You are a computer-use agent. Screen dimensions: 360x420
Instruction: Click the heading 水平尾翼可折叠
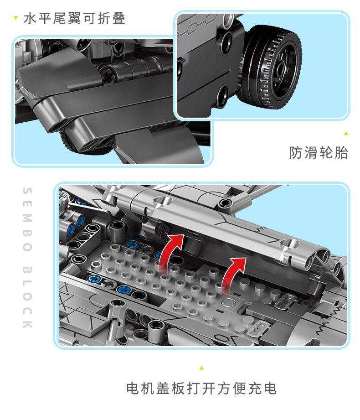(x=74, y=19)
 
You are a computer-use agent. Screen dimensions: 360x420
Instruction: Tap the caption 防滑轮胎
(x=319, y=153)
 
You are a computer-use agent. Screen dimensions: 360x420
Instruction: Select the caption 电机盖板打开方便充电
(x=201, y=389)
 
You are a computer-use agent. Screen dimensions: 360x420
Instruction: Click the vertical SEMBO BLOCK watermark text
(x=27, y=258)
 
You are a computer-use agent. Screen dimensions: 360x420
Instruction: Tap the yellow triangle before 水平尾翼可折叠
(x=16, y=18)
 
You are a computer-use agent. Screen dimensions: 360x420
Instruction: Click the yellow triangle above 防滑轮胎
(x=346, y=134)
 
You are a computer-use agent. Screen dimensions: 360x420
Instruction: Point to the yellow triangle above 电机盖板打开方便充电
(x=201, y=368)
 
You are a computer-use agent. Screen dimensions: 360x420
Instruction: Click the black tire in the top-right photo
(x=270, y=67)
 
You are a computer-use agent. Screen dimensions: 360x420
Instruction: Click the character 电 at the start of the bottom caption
(x=133, y=389)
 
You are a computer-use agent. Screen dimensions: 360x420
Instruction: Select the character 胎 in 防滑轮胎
(x=341, y=153)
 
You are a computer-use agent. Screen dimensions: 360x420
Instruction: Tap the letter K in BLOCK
(x=27, y=324)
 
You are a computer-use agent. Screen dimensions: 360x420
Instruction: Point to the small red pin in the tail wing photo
(x=168, y=48)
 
